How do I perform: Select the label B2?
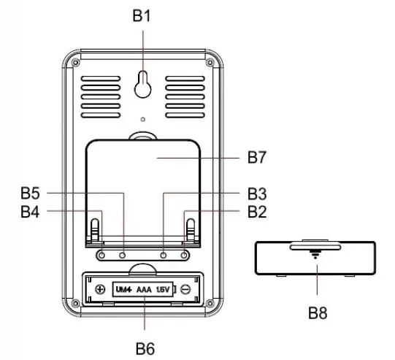tap(256, 212)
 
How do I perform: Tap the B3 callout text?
tap(256, 194)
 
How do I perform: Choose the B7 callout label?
tap(256, 157)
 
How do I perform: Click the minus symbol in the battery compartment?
tap(187, 288)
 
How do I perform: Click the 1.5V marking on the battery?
tap(164, 288)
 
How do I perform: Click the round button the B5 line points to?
tap(123, 254)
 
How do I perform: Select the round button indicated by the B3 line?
tap(164, 254)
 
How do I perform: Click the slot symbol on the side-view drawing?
tap(315, 256)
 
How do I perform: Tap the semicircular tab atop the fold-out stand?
tap(143, 136)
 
